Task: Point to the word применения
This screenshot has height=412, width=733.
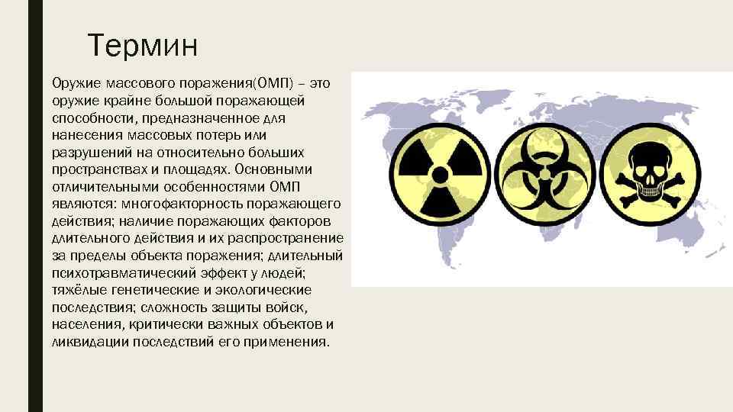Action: tap(293, 341)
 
